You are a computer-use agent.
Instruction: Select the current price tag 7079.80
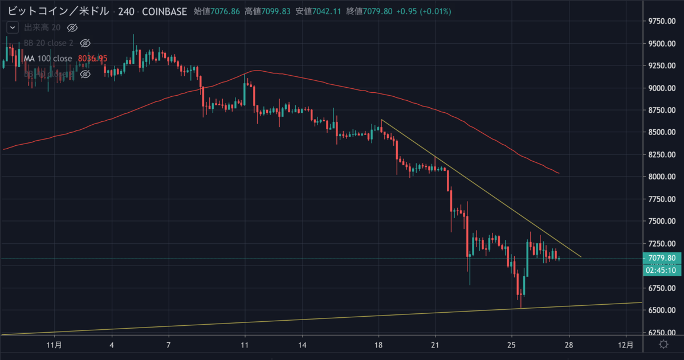[663, 259]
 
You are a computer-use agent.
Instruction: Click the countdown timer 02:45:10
[662, 271]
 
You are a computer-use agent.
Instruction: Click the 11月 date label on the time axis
[54, 345]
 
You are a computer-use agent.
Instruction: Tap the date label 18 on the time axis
[379, 345]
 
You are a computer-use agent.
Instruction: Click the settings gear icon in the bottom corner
[663, 345]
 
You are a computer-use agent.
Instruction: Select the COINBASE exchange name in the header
[164, 11]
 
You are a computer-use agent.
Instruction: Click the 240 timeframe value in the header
[127, 11]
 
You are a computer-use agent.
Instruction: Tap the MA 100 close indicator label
[48, 58]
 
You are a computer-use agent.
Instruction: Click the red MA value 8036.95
[92, 58]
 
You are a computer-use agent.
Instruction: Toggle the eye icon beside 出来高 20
[72, 27]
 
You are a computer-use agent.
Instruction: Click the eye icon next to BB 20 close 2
[85, 43]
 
